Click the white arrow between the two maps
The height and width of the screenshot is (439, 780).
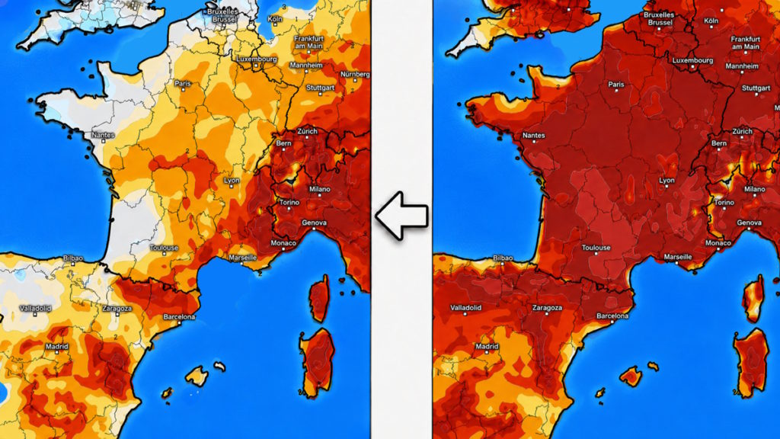coord(401,216)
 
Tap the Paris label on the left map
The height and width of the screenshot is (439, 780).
coord(183,83)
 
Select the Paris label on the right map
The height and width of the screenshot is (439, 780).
coord(616,84)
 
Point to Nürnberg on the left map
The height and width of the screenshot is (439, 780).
coord(355,74)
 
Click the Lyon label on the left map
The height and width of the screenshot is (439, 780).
coord(232,180)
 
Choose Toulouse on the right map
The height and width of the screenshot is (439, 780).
coord(596,248)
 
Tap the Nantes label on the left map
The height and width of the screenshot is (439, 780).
coord(103,135)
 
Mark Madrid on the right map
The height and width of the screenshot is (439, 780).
coord(487,347)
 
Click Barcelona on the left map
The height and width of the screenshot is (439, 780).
coord(179,317)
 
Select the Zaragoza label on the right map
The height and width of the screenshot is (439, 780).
coord(547,308)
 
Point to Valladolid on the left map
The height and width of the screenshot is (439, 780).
coord(35,309)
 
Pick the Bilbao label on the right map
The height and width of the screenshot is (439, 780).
coord(503,258)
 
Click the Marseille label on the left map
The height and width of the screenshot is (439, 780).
coord(243,258)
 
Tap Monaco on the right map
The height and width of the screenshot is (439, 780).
coord(718,243)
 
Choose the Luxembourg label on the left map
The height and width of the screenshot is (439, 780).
coord(256,59)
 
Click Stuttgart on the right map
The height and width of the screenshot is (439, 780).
coord(756,88)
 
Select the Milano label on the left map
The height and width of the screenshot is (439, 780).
coord(319,189)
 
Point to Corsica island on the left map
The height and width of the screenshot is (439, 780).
coord(319,298)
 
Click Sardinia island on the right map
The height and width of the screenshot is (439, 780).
coord(751,364)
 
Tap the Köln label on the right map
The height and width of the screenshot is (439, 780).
coord(711,21)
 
